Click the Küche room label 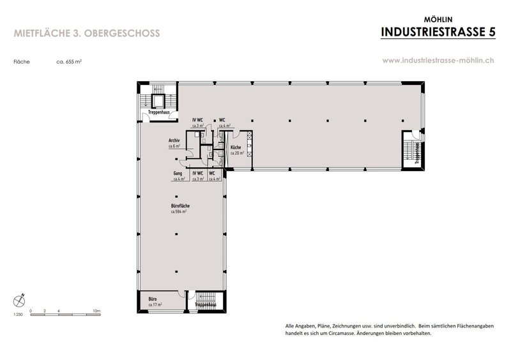point(227,148)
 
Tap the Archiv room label point(173,140)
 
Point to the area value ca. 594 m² point(178,211)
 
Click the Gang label point(178,173)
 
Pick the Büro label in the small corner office point(153,299)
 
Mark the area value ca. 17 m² point(154,304)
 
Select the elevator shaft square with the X point(158,100)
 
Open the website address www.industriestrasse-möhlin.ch point(438,61)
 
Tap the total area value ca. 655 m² point(68,63)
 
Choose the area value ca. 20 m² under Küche point(228,154)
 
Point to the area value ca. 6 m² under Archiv point(174,146)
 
